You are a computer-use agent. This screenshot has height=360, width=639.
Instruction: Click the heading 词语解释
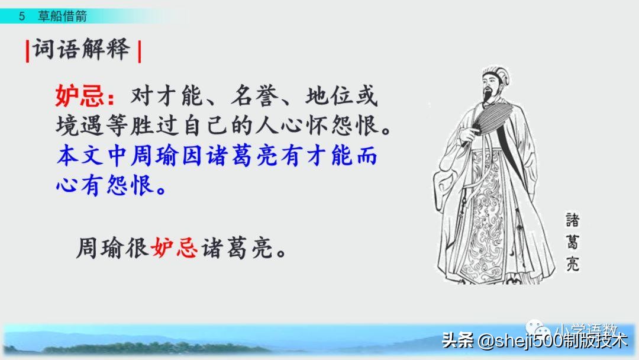click(81, 50)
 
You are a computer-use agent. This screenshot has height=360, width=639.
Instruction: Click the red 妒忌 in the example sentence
click(174, 247)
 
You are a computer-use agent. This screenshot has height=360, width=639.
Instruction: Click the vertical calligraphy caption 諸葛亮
click(571, 242)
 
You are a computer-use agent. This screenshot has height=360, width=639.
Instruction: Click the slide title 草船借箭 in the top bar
click(62, 17)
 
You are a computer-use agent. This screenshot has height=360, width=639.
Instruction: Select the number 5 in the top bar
click(22, 17)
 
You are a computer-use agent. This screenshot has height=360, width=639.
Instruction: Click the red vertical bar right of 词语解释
click(139, 51)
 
